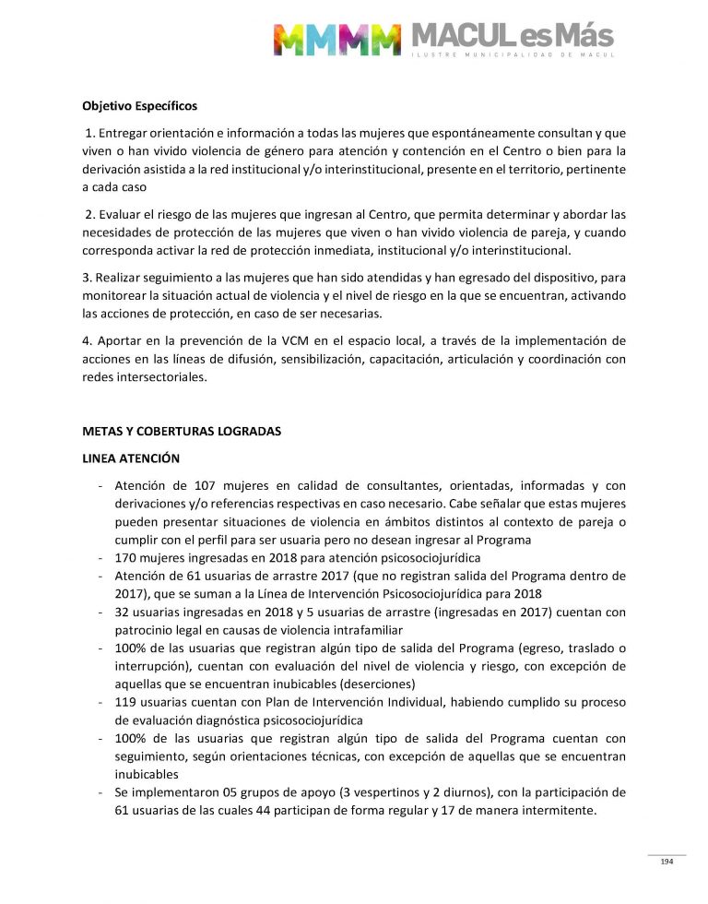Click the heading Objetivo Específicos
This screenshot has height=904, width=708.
(x=139, y=106)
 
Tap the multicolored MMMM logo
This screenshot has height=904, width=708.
(x=336, y=39)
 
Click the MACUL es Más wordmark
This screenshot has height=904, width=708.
(x=513, y=36)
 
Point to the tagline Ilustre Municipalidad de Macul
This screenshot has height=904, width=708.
(x=513, y=55)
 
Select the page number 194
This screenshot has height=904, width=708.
(x=667, y=862)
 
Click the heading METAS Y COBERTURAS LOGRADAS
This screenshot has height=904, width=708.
(x=182, y=431)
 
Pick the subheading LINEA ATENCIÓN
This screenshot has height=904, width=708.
(x=131, y=458)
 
